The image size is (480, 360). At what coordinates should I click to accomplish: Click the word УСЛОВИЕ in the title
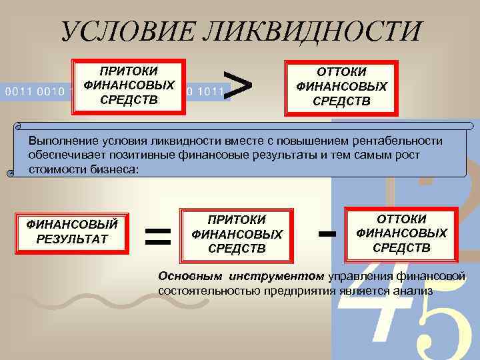(x=127, y=32)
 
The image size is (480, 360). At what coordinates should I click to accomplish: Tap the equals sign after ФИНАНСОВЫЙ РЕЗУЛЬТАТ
(x=158, y=235)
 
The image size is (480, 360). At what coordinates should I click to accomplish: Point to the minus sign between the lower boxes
(x=326, y=233)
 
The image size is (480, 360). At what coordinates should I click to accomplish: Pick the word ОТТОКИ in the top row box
(x=341, y=73)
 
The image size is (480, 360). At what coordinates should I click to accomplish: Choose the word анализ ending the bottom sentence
(x=413, y=290)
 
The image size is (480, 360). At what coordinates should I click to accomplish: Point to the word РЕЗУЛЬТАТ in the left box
(x=71, y=239)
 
